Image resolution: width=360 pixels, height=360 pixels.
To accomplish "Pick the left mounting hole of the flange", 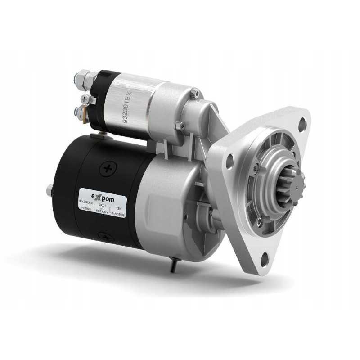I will pyautogui.click(x=230, y=159).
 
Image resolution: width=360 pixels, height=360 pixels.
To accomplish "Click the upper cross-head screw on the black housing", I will pyautogui.click(x=108, y=169).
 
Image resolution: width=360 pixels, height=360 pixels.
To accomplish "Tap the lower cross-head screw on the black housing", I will pyautogui.click(x=104, y=234).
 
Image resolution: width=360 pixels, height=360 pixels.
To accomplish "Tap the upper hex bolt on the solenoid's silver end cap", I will pyautogui.click(x=193, y=93).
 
